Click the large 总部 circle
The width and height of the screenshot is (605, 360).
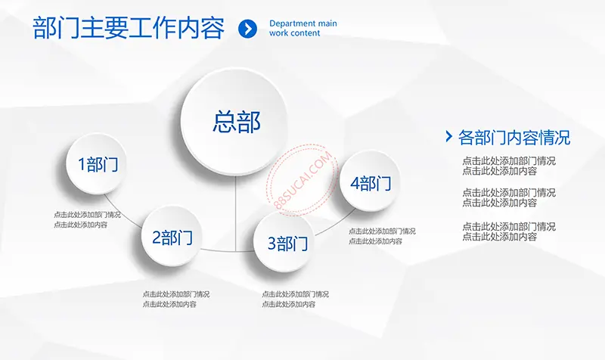235,122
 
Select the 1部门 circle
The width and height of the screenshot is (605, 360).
97,163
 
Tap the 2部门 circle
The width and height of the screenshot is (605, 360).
172,236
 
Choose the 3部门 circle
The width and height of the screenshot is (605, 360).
284,242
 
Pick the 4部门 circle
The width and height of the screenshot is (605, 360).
370,182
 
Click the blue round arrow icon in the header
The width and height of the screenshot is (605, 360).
248,29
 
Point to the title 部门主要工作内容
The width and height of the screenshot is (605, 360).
129,28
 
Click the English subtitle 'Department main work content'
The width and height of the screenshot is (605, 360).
303,28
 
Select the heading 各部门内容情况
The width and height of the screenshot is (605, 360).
514,138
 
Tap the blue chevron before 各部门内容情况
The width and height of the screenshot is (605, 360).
448,136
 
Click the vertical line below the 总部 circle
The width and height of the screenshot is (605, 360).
235,214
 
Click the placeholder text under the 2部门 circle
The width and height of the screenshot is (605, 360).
176,299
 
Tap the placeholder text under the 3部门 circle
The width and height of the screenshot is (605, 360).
295,299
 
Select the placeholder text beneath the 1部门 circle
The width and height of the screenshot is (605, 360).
87,219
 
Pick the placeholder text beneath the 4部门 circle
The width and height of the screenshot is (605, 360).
382,236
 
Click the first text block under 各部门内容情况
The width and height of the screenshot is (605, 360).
509,166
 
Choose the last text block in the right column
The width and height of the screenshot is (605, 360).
509,231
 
